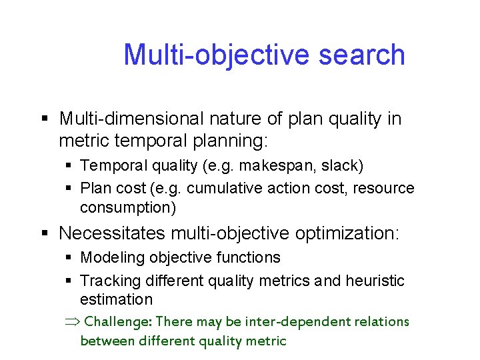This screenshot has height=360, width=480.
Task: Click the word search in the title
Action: tap(362, 55)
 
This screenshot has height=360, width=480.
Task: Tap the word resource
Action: tap(383, 189)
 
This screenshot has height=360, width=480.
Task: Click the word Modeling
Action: tap(113, 257)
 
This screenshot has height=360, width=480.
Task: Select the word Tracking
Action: tap(109, 281)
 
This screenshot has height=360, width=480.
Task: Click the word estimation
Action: tap(116, 300)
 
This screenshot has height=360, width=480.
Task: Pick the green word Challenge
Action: tap(119, 321)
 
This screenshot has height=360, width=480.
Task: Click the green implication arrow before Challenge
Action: tap(71, 321)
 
